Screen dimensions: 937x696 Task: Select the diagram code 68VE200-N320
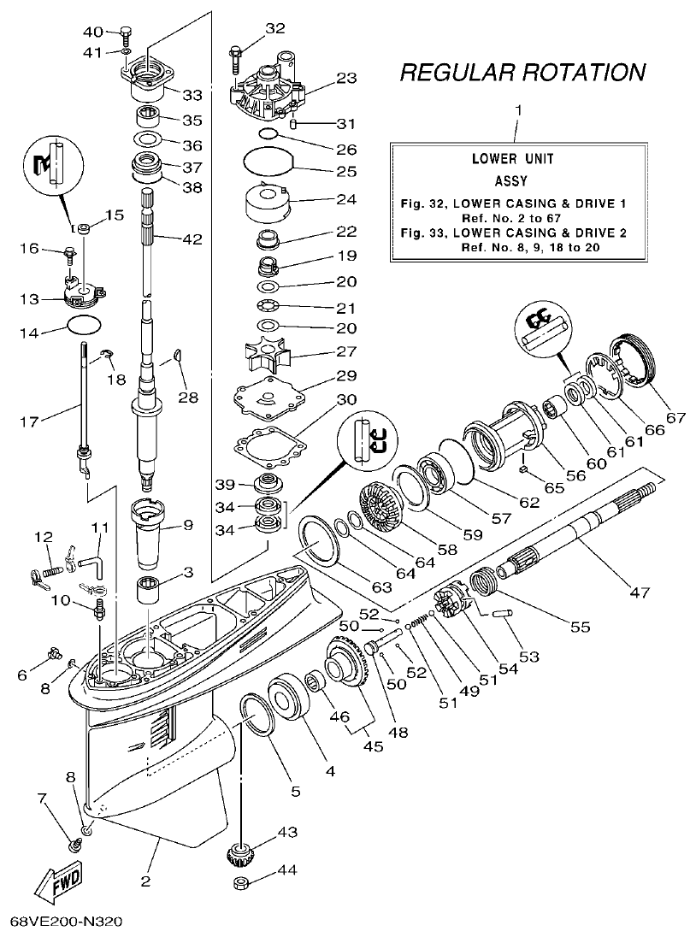tap(66, 922)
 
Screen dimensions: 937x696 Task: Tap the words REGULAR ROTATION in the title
tap(522, 73)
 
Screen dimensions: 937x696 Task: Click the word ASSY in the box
tap(510, 181)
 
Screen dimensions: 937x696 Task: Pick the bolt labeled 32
tap(236, 55)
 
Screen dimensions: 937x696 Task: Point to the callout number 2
tap(146, 881)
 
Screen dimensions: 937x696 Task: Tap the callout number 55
tap(580, 627)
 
